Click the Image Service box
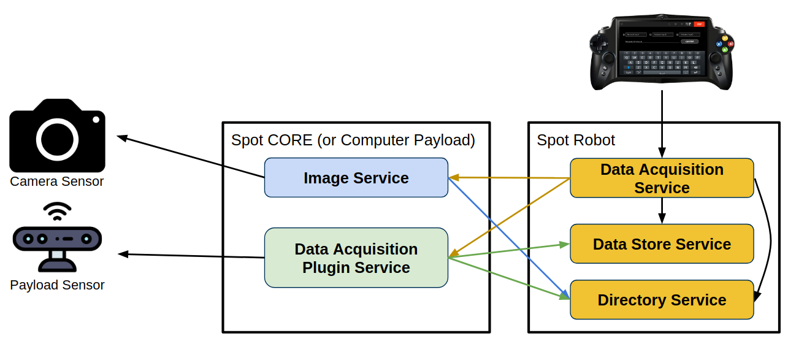click(356, 178)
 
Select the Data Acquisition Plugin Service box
click(356, 258)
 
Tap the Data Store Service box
click(662, 244)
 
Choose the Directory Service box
click(662, 300)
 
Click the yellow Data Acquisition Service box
click(662, 178)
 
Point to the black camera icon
click(57, 136)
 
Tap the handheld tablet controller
click(662, 52)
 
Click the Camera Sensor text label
click(57, 182)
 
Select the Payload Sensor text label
click(57, 285)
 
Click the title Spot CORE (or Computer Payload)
click(353, 140)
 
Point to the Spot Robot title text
click(576, 140)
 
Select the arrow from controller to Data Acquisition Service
click(662, 123)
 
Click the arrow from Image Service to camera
click(190, 157)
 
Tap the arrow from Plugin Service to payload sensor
click(190, 256)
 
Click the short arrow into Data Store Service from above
click(662, 211)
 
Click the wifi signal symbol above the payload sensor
click(57, 212)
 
